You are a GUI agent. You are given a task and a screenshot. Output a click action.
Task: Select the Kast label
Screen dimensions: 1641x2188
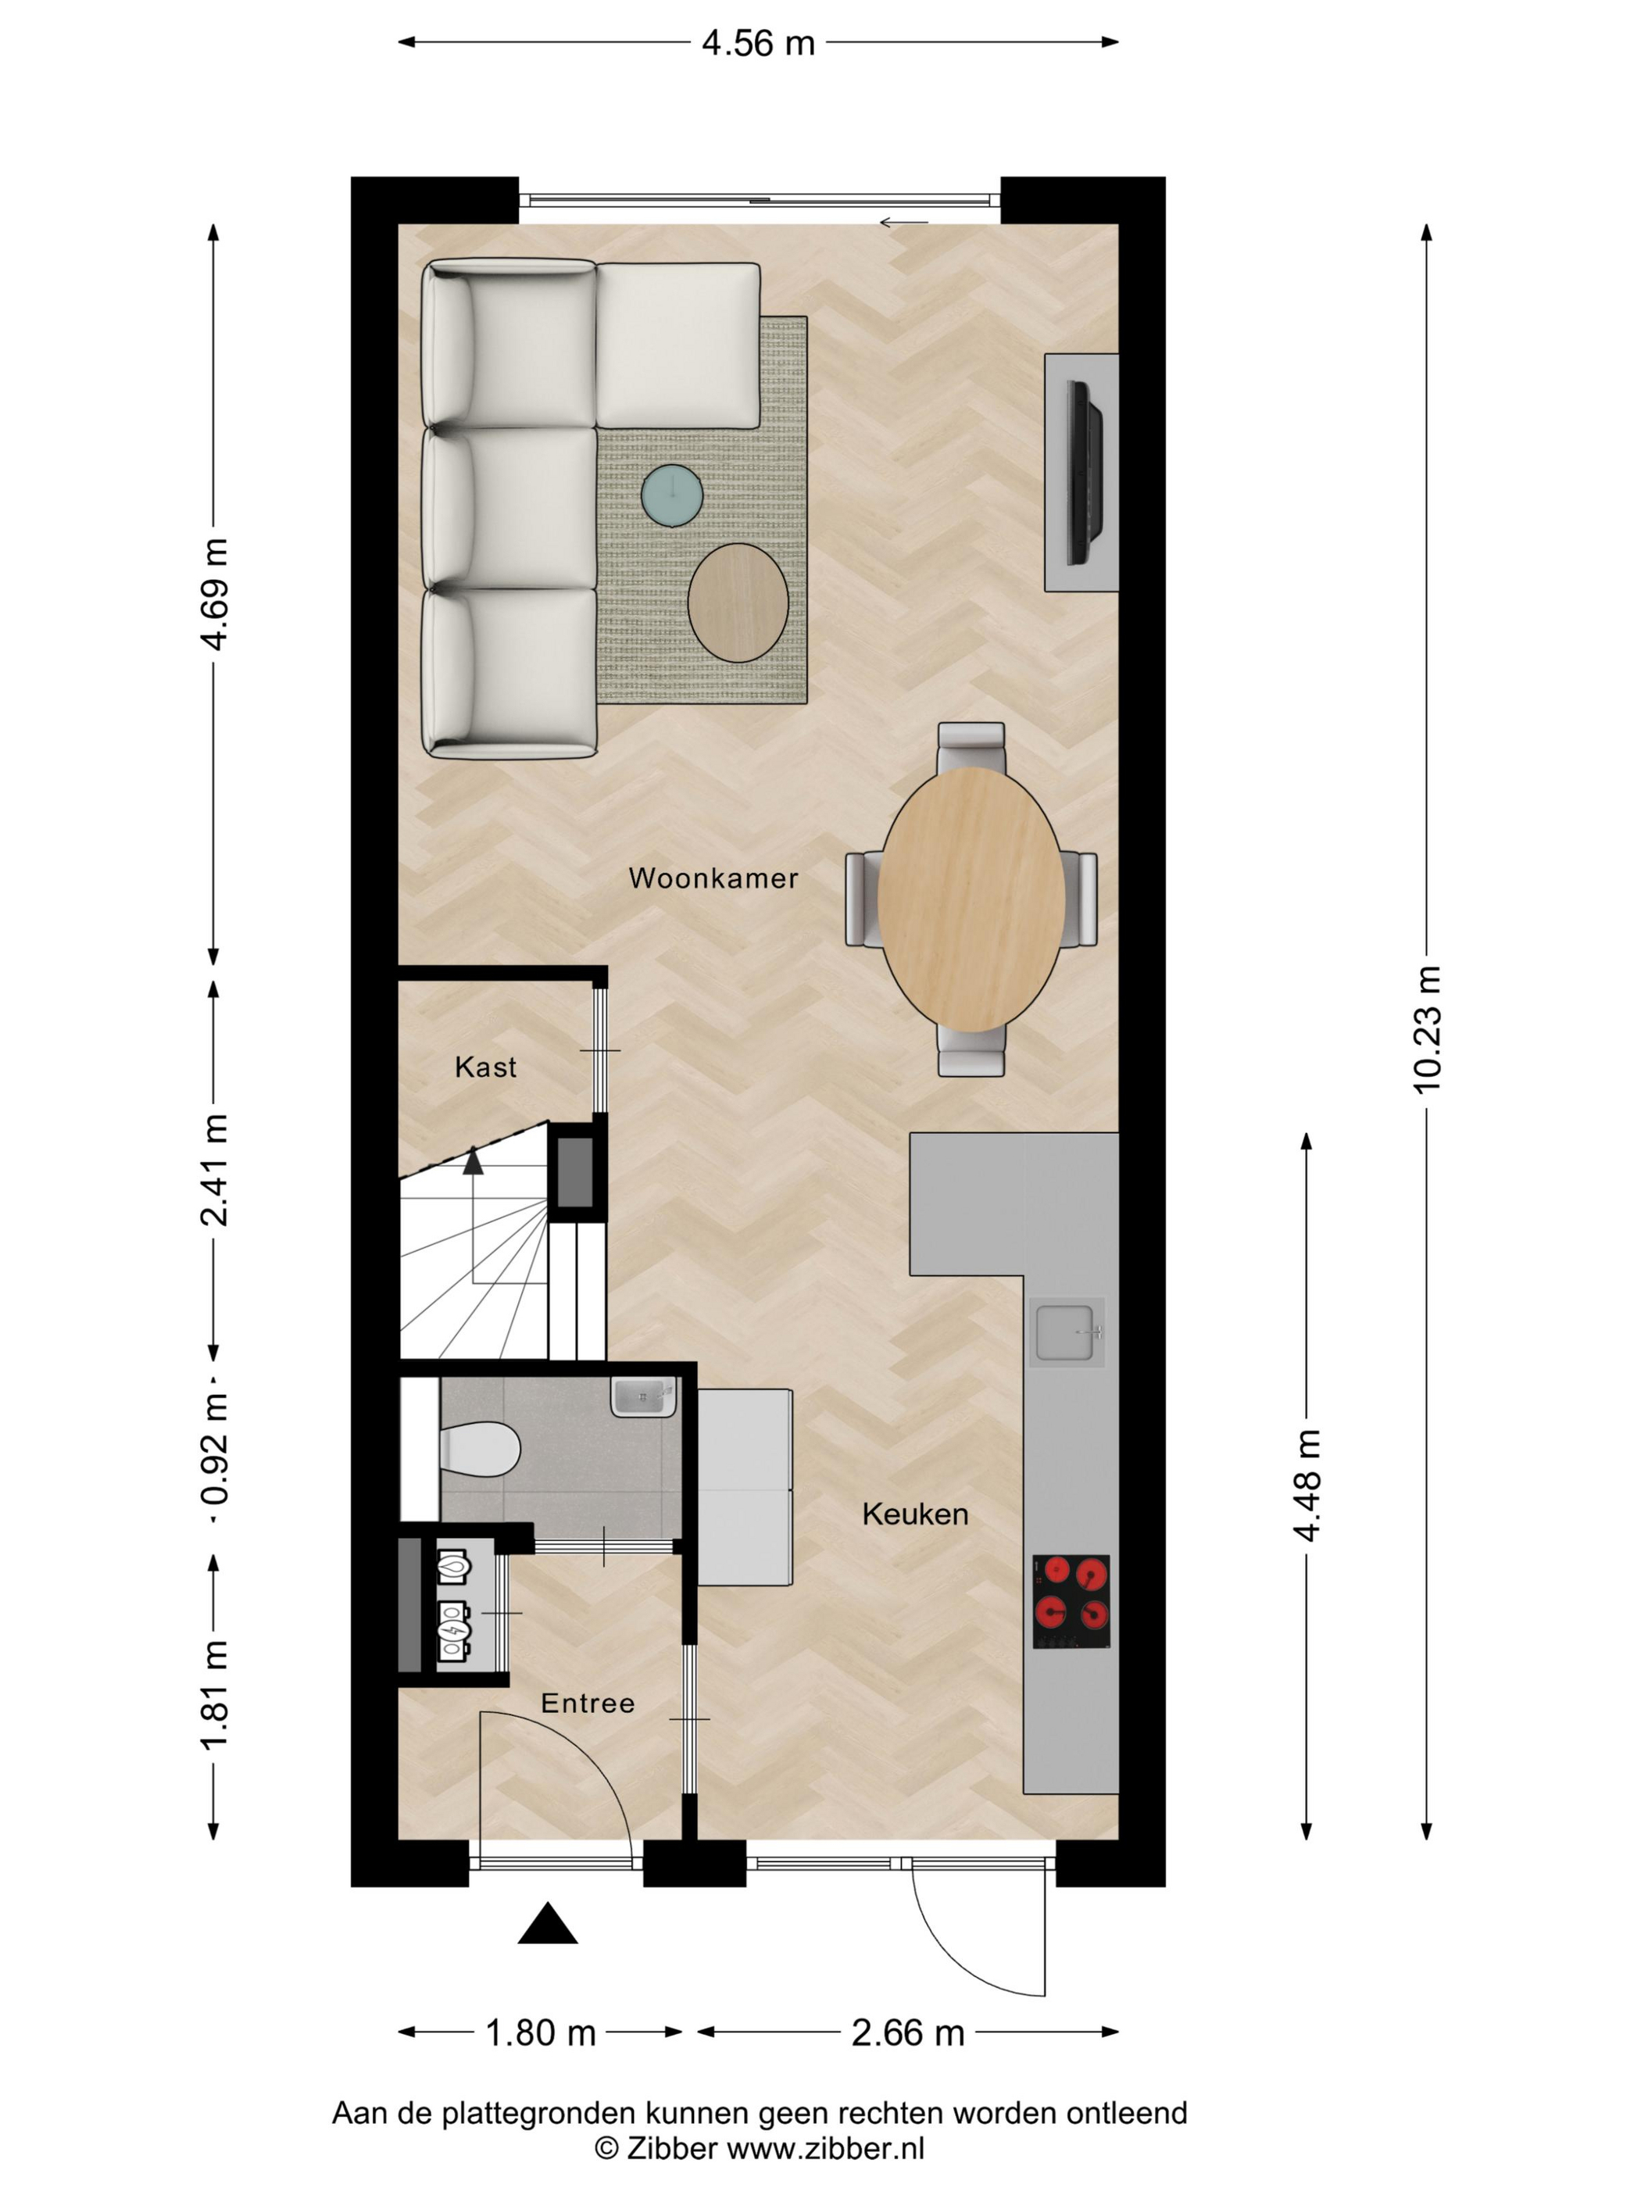(486, 1067)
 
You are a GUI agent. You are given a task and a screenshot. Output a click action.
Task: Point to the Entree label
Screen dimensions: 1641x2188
(588, 1704)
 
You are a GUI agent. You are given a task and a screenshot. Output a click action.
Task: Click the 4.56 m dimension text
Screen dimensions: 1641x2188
(759, 44)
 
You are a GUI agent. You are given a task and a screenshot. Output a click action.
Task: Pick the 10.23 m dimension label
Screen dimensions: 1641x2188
(1428, 1028)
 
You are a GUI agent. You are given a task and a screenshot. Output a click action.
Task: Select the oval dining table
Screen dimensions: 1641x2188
(971, 899)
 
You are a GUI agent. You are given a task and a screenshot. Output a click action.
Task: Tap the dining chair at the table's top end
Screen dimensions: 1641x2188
(971, 748)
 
